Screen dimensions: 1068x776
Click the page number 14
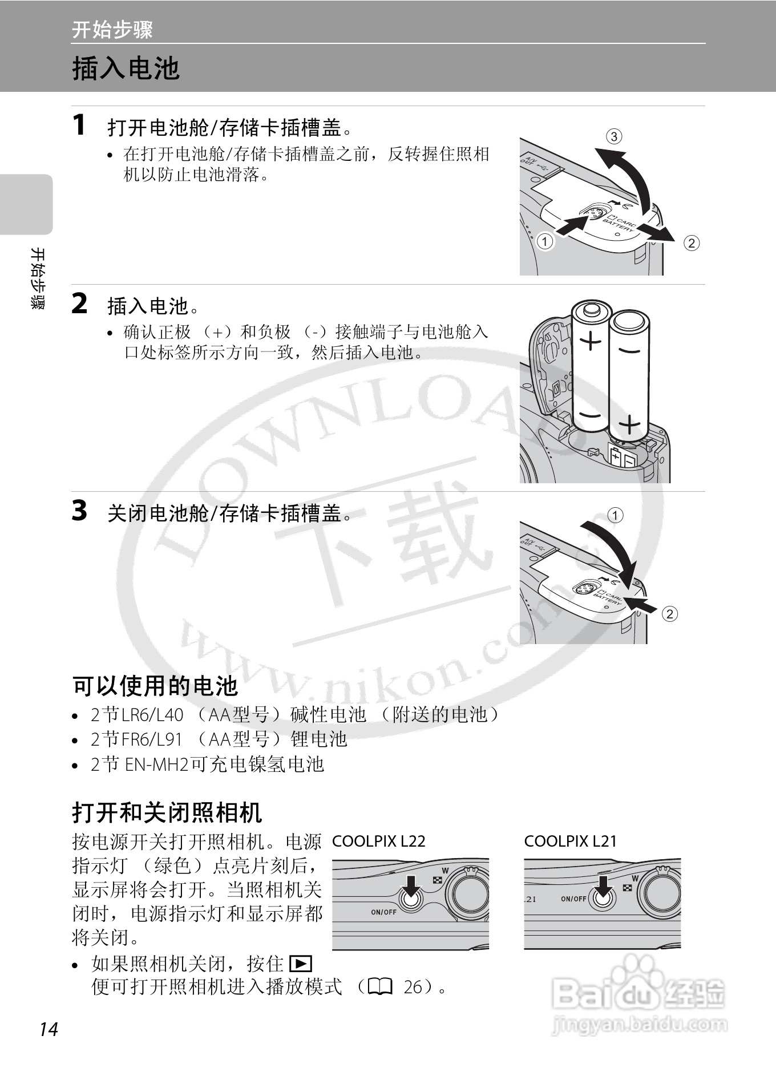point(49,1029)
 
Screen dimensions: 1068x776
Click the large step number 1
point(80,125)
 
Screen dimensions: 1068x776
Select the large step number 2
point(80,304)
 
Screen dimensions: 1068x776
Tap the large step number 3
point(80,511)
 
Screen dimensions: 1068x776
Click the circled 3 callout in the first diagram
point(613,136)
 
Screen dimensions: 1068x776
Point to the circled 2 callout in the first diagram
point(691,243)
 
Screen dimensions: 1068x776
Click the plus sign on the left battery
point(591,341)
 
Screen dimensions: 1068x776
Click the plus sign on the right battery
point(629,425)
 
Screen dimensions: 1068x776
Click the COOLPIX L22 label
point(379,841)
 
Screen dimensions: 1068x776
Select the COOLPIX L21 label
point(571,841)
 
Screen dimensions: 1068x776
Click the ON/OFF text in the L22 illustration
point(383,912)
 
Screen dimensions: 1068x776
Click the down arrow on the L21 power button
point(603,887)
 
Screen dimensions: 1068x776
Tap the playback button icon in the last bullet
point(300,964)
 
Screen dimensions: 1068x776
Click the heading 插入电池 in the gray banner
point(126,68)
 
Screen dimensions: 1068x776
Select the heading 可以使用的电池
point(155,686)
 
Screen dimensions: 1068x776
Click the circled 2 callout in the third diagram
point(669,614)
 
